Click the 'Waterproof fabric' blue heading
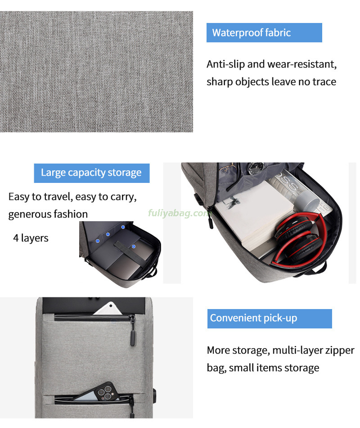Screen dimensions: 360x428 264,33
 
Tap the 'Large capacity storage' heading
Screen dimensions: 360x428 92,173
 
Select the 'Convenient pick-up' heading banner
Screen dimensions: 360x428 270,319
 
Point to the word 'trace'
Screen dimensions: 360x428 324,82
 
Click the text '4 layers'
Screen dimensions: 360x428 31,238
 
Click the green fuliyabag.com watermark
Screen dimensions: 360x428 179,213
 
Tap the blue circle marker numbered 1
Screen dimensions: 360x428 98,241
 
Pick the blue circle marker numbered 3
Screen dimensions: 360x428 123,227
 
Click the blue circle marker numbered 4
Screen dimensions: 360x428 134,246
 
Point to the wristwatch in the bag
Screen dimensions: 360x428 256,168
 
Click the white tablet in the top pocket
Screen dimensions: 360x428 109,309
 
